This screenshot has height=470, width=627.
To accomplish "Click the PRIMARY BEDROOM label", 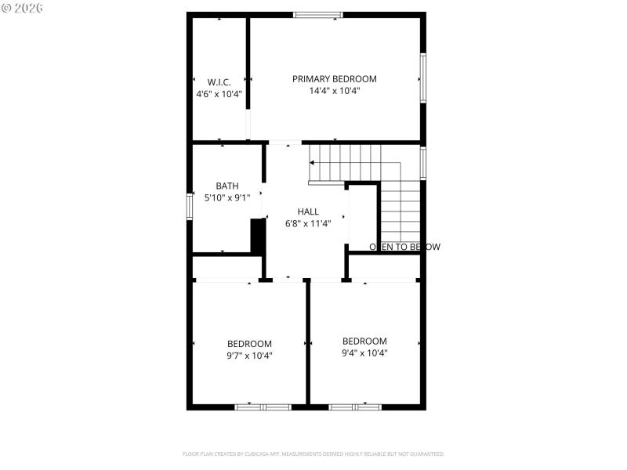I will pyautogui.click(x=334, y=79).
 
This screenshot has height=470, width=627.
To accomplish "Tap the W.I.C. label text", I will pyautogui.click(x=219, y=81).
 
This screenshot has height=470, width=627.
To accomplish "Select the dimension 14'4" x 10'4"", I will pyautogui.click(x=334, y=91).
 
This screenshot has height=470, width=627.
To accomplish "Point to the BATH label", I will pyautogui.click(x=227, y=186).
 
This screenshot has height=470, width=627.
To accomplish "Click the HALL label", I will pyautogui.click(x=308, y=211).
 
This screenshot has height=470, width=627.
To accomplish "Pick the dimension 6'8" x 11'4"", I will pyautogui.click(x=308, y=223).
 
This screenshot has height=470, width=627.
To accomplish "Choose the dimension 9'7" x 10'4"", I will pyautogui.click(x=249, y=356).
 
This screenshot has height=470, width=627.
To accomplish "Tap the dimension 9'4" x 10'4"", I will pyautogui.click(x=364, y=353).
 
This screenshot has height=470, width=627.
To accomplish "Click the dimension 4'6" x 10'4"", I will pyautogui.click(x=219, y=94).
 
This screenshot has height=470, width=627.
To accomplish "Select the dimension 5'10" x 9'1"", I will pyautogui.click(x=227, y=198).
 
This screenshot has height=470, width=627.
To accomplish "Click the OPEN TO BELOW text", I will pyautogui.click(x=404, y=247).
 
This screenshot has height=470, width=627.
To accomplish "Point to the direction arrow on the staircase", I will pyautogui.click(x=313, y=163).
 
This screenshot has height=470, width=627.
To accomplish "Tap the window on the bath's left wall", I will pyautogui.click(x=190, y=206).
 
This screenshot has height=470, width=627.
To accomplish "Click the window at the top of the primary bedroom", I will pyautogui.click(x=318, y=14).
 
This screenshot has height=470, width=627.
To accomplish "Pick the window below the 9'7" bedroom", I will pyautogui.click(x=263, y=407).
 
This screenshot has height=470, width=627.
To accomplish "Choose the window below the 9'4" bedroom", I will pyautogui.click(x=355, y=407).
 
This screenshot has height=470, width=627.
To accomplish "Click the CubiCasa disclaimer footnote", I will pyautogui.click(x=313, y=454).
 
